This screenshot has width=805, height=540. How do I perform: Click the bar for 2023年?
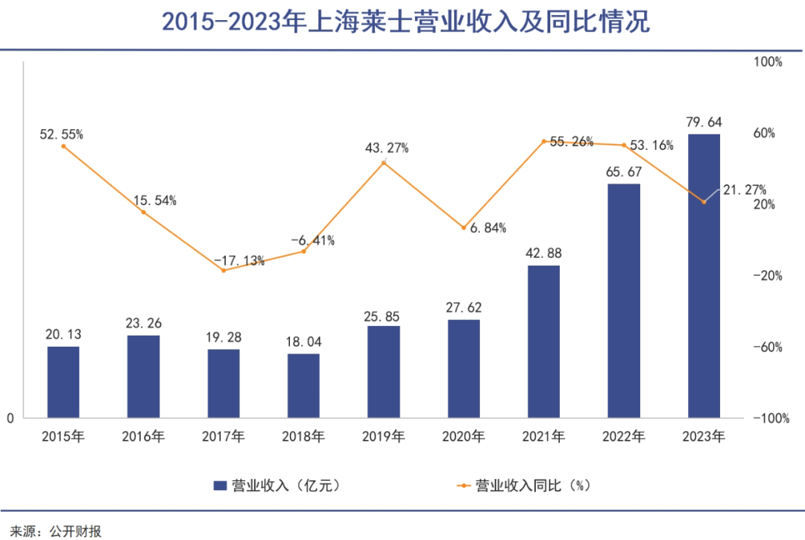(704, 276)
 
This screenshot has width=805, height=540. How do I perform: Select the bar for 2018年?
(303, 386)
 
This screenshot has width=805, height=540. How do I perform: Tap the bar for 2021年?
(543, 342)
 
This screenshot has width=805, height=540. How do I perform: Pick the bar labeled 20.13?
(63, 382)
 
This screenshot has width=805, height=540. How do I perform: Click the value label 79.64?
(704, 122)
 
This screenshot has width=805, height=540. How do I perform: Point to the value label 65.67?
(624, 172)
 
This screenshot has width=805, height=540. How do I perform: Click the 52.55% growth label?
(61, 134)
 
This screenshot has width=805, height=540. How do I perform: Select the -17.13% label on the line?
(239, 260)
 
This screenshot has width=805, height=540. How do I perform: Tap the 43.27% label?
(387, 148)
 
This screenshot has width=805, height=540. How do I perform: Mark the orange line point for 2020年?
(464, 227)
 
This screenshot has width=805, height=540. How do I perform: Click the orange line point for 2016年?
(143, 213)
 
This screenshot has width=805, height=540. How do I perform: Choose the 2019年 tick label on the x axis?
(383, 437)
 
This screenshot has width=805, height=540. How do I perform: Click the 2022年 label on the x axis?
(624, 437)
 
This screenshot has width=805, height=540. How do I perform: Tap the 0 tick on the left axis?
(10, 419)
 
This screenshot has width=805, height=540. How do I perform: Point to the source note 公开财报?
(75, 531)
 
